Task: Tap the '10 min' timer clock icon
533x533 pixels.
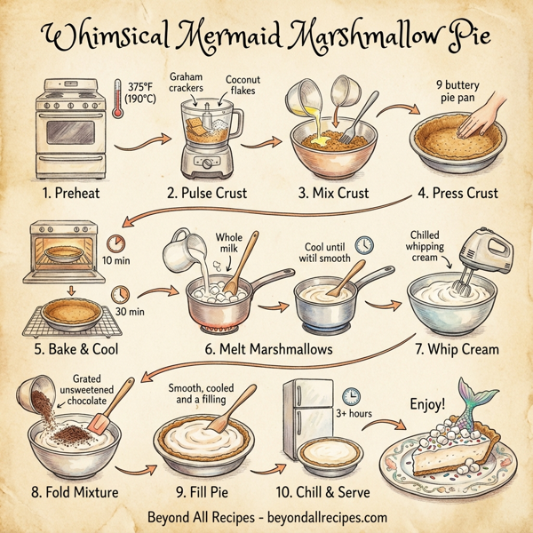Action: pos(115,243)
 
